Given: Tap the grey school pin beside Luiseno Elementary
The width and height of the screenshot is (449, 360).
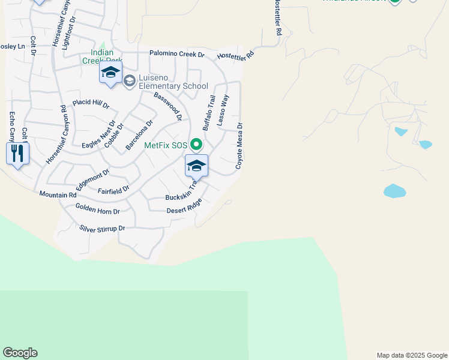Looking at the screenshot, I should (x=129, y=81).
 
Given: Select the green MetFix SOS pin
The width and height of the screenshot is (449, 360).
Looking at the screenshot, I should (x=196, y=145).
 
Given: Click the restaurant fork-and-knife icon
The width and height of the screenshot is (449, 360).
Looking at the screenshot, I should (x=17, y=154).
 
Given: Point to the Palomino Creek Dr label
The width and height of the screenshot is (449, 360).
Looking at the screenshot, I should (x=177, y=54).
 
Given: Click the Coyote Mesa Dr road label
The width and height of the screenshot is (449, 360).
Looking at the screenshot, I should (x=239, y=146).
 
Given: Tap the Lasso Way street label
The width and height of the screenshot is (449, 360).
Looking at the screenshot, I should (x=223, y=109).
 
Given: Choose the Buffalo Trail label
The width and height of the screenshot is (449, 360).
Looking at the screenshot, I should (x=209, y=113).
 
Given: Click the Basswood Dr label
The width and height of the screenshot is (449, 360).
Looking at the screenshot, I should (x=167, y=106).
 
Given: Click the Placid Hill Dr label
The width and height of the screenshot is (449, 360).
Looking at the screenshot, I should (x=91, y=104).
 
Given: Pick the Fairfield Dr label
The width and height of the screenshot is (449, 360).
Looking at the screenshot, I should (x=113, y=190).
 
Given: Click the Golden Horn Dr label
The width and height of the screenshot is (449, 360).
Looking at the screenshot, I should (x=98, y=209).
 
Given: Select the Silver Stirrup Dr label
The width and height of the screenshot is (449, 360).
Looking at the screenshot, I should (x=102, y=229).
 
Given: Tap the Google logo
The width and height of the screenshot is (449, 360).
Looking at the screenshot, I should (x=20, y=353).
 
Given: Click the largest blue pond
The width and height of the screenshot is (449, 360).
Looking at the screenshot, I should (x=394, y=191).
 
